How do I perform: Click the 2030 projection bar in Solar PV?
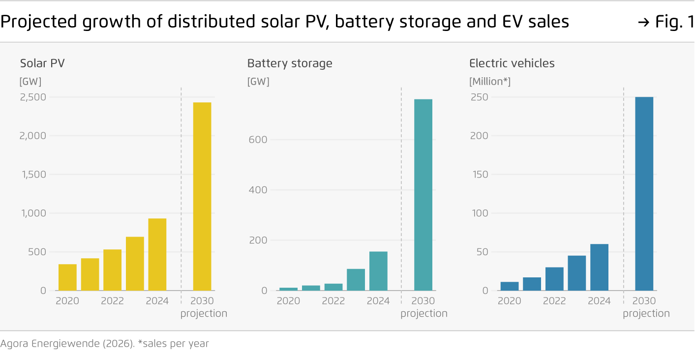202,196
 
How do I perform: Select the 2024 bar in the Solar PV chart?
157,254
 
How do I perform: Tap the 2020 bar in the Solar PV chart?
67,277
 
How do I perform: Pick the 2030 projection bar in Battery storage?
423,195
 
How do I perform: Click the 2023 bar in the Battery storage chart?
356,279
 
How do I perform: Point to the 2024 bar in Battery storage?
378,271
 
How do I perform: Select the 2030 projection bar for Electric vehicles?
644,194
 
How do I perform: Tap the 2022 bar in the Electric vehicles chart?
554,279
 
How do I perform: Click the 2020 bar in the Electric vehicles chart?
510,286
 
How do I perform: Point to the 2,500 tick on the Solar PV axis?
33,97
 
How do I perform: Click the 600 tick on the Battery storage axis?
258,140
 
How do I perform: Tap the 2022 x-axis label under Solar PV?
112,301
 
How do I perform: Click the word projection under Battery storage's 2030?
424,313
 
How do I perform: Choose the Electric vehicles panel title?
512,63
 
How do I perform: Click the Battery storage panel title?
290,63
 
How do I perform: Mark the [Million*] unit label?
490,82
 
